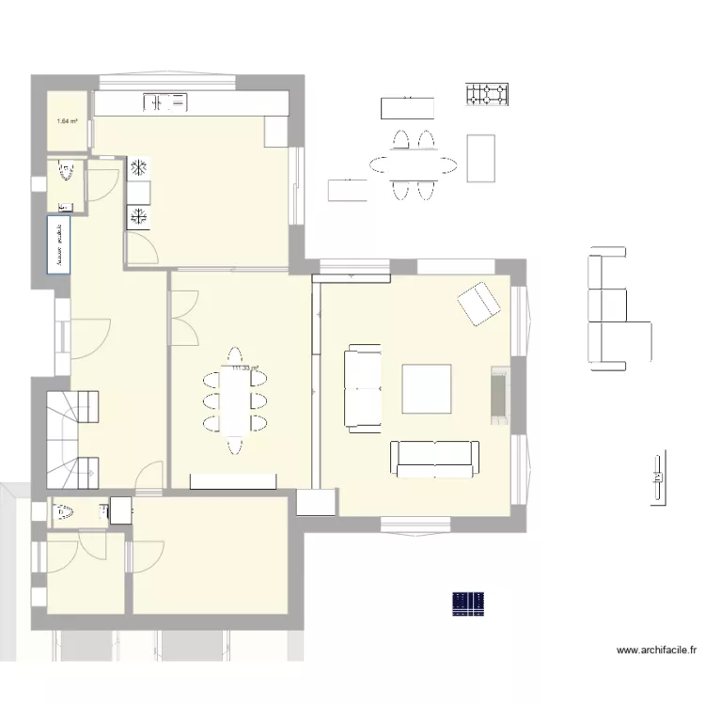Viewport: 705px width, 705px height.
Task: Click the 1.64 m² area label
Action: [68, 120]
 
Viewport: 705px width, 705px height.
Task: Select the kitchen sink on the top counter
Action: [165, 101]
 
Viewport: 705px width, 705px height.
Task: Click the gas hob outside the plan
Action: [487, 94]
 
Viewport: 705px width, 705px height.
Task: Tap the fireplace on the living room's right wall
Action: [497, 391]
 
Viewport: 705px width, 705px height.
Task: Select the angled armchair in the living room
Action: [478, 303]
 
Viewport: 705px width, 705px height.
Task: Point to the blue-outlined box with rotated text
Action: [58, 245]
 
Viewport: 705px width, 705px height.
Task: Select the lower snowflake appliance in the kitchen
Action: [138, 217]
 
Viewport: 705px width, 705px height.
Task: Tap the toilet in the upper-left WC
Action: [66, 172]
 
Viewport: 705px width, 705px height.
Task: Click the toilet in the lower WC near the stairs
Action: [65, 512]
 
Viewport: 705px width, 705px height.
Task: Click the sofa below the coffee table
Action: [433, 457]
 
